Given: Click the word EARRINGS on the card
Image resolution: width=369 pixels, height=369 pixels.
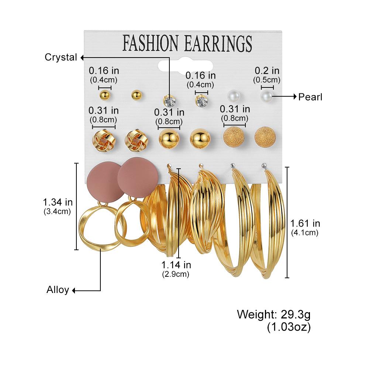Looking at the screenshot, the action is pos(218,43).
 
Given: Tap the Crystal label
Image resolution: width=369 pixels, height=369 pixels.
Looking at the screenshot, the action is pos(61,57).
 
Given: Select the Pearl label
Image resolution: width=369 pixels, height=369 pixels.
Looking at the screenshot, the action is pos(310,97).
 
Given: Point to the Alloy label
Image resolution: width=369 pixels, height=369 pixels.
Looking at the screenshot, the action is pos(58,290).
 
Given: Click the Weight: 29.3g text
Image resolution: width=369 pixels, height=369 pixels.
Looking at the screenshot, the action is pos(274,315).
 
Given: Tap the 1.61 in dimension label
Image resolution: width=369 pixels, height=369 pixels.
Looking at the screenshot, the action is pos(305,223).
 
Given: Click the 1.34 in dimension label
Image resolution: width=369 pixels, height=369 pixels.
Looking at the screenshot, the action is pos(58,202).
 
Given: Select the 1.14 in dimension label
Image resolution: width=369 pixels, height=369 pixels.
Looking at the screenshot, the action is pos(176,265).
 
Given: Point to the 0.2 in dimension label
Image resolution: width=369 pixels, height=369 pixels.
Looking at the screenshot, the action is pos(267,70).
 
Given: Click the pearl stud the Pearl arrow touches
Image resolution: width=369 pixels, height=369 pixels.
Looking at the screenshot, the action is pos(267,96).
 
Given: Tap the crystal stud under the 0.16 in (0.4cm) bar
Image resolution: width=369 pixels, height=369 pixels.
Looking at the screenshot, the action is pos(202,101).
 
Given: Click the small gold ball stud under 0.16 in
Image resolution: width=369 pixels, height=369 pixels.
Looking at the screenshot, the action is pos(105,95).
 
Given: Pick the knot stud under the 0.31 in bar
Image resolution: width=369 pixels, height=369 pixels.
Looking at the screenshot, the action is pos(104,141).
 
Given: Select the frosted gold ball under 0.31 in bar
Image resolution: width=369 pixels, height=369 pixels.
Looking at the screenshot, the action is pos(234,137).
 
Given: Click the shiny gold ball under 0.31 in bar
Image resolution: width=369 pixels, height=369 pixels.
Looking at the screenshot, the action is pos(169,139).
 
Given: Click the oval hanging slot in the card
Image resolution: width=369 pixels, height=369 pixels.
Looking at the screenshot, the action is pos(185,65).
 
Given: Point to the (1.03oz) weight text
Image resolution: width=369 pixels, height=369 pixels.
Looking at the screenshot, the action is pos(289,327).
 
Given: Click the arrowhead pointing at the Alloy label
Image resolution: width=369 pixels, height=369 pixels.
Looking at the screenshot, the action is pos(73,291).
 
